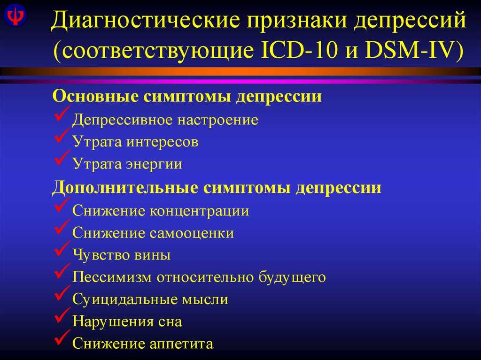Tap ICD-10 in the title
299,50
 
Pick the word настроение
218,120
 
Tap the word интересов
162,142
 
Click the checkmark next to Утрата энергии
62,157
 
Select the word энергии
154,164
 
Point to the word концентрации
199,211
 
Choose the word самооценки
192,233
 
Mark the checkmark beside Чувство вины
62,248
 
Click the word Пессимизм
112,277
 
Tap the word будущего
292,277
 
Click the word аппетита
181,344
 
